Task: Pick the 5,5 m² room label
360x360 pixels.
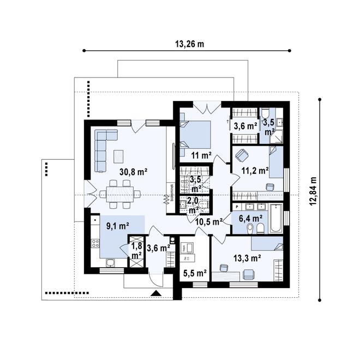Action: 194,273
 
